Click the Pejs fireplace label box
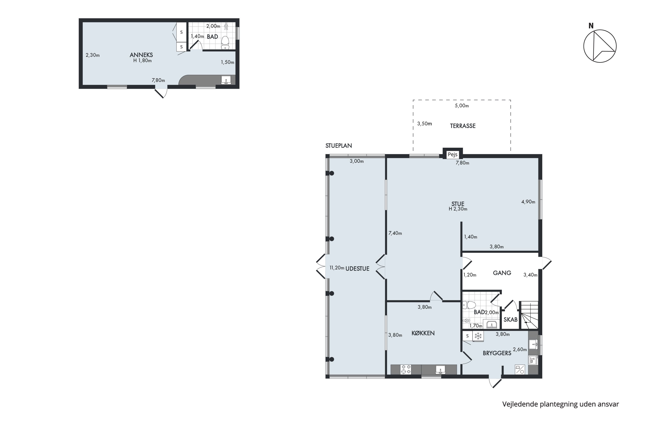453,154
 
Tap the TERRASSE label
463,126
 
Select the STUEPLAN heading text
339,146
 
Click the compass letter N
591,26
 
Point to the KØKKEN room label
423,333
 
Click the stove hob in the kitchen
406,369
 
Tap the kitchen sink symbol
440,369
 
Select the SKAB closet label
510,319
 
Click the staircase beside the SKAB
529,315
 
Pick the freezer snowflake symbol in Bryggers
478,336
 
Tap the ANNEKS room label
141,55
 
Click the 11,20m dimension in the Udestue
337,268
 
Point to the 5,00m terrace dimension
462,106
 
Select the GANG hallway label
502,273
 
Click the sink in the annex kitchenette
226,80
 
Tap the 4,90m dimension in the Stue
528,202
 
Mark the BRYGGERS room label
497,353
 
